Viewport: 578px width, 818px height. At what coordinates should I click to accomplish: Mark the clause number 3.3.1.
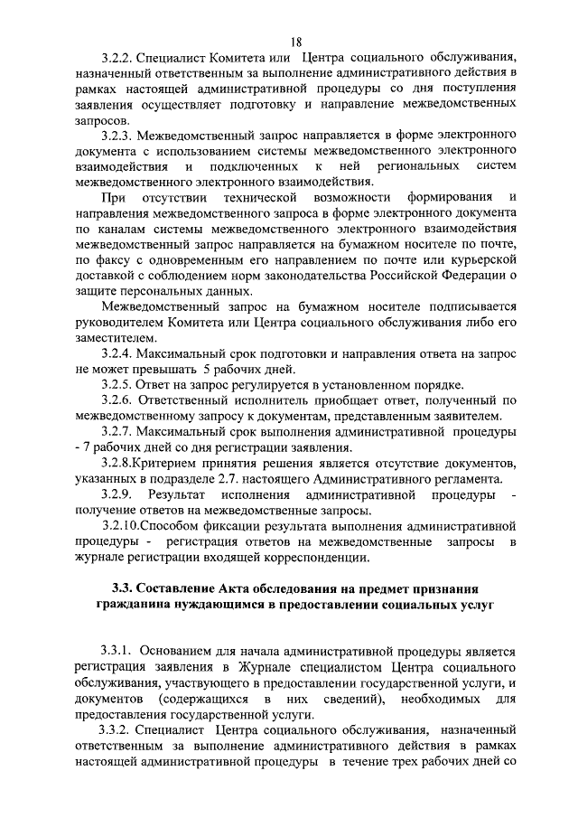click(x=119, y=650)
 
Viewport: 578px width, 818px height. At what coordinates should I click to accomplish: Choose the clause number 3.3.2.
click(x=119, y=728)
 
